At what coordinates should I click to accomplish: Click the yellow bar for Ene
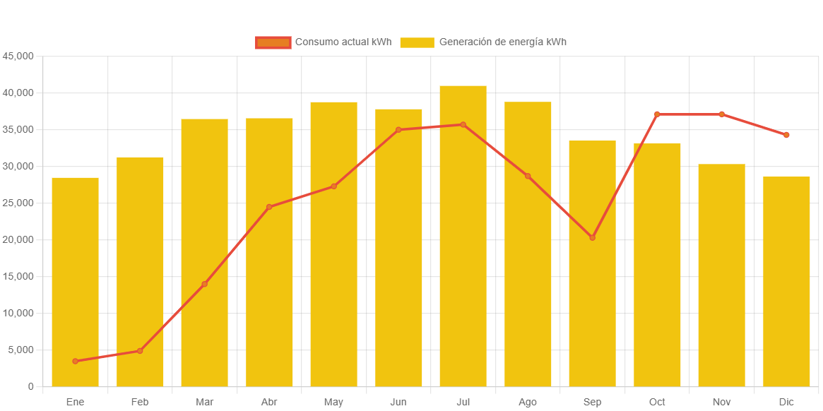[x=75, y=282]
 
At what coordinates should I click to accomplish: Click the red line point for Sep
[x=592, y=238]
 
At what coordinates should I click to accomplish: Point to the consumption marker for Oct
[x=657, y=114]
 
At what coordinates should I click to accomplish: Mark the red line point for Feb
[x=140, y=351]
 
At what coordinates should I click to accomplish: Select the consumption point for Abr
[x=269, y=207]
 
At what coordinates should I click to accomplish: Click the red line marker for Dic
[x=786, y=135]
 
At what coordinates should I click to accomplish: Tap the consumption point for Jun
[x=398, y=130]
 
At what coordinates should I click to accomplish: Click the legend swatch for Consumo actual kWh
[x=273, y=42]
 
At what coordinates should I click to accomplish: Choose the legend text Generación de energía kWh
[x=502, y=42]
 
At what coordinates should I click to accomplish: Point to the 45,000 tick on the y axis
[x=18, y=56]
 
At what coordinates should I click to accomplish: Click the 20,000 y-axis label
[x=18, y=240]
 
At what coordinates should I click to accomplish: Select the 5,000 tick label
[x=21, y=350]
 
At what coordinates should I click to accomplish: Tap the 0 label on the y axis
[x=31, y=387]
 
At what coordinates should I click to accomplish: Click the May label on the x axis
[x=333, y=403]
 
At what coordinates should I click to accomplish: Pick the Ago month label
[x=528, y=403]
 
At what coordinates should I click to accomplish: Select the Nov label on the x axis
[x=721, y=403]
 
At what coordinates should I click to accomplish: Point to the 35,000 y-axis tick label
[x=18, y=130]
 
